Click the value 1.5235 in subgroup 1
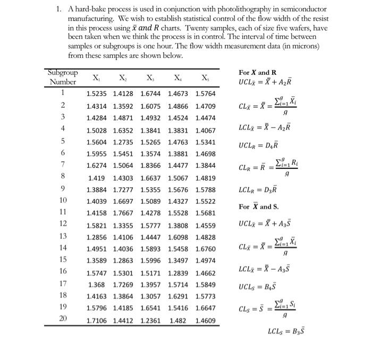[x=97, y=93]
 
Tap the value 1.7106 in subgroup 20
[x=97, y=320]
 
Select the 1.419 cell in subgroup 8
[x=97, y=177]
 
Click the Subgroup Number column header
[x=63, y=77]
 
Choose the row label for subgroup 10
[x=63, y=200]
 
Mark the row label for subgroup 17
[x=63, y=284]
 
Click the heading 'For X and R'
[x=258, y=72]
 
